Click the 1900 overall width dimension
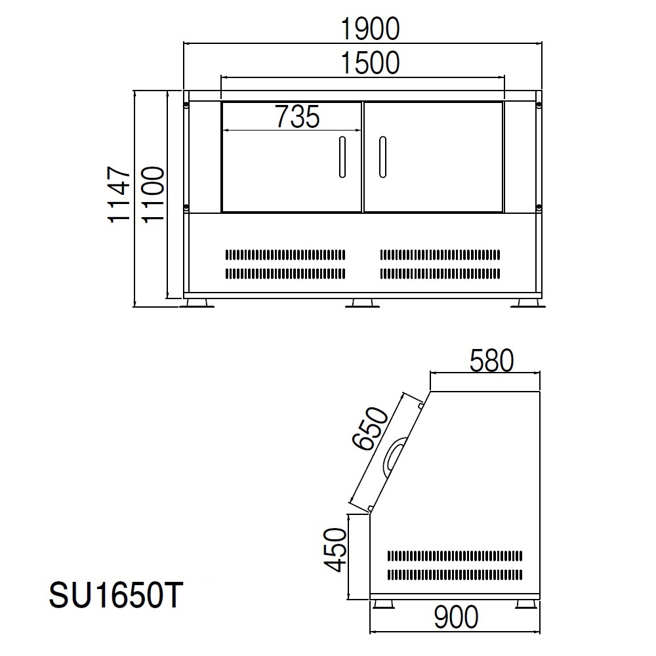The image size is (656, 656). pos(370,29)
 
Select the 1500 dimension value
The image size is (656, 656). pos(370,63)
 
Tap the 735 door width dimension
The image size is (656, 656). pos(297,117)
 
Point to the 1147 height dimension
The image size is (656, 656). pos(120,195)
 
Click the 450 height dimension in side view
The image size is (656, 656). pos(336,550)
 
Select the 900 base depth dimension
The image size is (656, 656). pos(455,617)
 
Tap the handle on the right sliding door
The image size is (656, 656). pos(382,157)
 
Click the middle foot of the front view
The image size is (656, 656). pos(361,303)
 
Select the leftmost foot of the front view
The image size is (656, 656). pos(198,303)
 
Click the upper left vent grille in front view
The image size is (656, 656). pos(285,254)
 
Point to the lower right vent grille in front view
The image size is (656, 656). pos(440,273)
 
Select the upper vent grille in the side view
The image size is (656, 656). pos(455,556)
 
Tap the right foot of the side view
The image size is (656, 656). pos(525,603)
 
